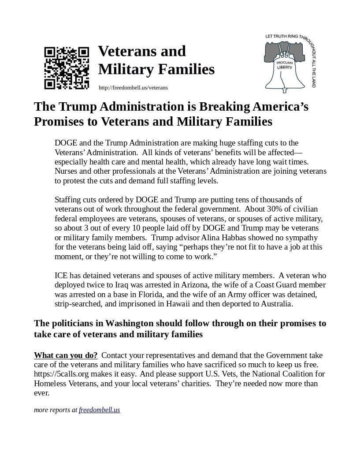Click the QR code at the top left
67,68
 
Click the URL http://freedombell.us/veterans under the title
133,88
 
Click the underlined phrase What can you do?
66,356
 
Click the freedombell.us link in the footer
99,410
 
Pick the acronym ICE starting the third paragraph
61,276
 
